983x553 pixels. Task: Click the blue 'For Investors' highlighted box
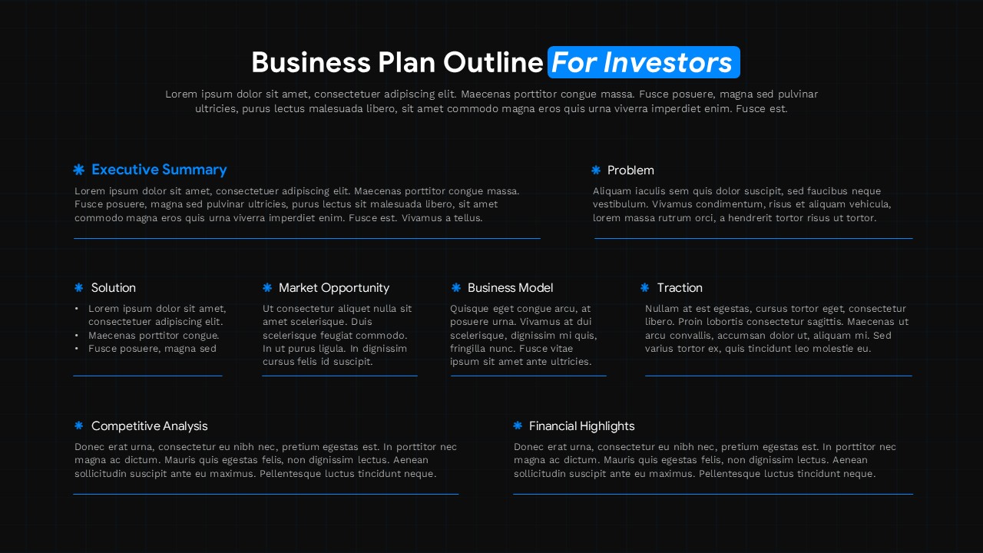pyautogui.click(x=644, y=62)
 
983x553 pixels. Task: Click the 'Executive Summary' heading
pyautogui.click(x=159, y=170)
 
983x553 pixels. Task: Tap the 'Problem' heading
pyautogui.click(x=631, y=171)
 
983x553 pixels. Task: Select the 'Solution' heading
pyautogui.click(x=114, y=288)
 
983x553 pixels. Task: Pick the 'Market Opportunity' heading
pyautogui.click(x=334, y=288)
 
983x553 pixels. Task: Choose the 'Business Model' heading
pyautogui.click(x=510, y=288)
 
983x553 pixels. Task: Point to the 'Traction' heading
pyautogui.click(x=680, y=288)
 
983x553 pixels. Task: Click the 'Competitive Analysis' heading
pyautogui.click(x=149, y=426)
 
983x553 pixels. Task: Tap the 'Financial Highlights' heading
pyautogui.click(x=581, y=426)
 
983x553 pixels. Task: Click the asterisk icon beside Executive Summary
pyautogui.click(x=78, y=170)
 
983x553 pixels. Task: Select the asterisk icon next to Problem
pyautogui.click(x=596, y=171)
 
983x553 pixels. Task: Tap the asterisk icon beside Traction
pyautogui.click(x=645, y=288)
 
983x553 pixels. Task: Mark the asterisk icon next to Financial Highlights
pyautogui.click(x=518, y=426)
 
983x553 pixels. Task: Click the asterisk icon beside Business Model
pyautogui.click(x=456, y=288)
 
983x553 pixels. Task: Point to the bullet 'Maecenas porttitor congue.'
pyautogui.click(x=154, y=336)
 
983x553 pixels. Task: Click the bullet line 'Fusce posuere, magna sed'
pyautogui.click(x=152, y=349)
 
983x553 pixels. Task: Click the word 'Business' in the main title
pyautogui.click(x=311, y=62)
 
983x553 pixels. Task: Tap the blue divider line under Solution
pyautogui.click(x=147, y=376)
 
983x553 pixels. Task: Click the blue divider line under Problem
pyautogui.click(x=753, y=239)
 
